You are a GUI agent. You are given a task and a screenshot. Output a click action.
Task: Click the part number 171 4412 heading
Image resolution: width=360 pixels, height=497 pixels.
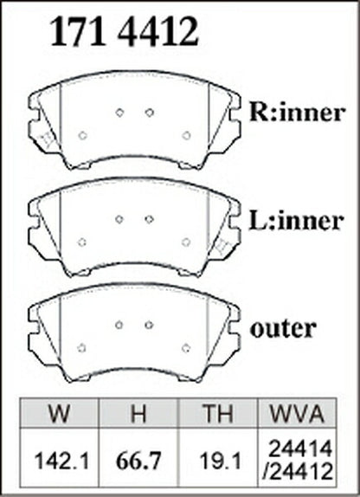(x=124, y=32)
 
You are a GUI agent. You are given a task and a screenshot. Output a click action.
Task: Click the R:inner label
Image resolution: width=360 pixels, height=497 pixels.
(x=297, y=112)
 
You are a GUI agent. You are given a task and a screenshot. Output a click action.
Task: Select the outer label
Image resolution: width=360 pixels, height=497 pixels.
(x=283, y=329)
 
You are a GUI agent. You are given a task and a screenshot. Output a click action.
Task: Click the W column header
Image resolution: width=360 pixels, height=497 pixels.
(x=59, y=414)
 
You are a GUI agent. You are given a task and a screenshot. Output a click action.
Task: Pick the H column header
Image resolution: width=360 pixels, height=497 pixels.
(x=138, y=414)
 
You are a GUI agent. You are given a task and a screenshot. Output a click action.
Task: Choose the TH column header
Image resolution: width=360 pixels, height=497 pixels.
(x=218, y=414)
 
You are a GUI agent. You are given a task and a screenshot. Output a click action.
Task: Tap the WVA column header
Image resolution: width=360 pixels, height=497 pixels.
(x=297, y=414)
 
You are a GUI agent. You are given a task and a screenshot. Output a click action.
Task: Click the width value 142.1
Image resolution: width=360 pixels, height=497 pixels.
(x=61, y=461)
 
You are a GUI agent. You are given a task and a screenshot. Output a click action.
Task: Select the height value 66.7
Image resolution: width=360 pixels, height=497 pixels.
(x=139, y=461)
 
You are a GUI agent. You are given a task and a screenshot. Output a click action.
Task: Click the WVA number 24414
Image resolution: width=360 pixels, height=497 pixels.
(x=300, y=449)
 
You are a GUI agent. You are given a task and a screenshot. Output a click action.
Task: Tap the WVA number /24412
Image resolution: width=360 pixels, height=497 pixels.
(x=299, y=471)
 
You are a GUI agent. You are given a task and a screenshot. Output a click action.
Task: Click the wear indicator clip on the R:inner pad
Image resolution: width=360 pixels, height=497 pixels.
(x=46, y=139)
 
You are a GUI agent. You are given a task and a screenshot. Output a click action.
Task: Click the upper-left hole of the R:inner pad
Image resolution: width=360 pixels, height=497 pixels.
(x=119, y=113)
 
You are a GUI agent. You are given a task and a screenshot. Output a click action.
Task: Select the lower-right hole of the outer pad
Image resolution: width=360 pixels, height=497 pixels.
(x=186, y=347)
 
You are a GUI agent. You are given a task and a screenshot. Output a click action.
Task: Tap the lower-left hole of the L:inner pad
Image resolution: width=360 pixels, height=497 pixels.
(x=82, y=242)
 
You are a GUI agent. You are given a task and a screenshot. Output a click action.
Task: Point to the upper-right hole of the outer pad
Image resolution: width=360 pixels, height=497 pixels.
(x=149, y=325)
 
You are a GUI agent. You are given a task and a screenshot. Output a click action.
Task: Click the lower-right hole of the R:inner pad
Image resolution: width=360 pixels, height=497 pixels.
(x=186, y=135)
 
